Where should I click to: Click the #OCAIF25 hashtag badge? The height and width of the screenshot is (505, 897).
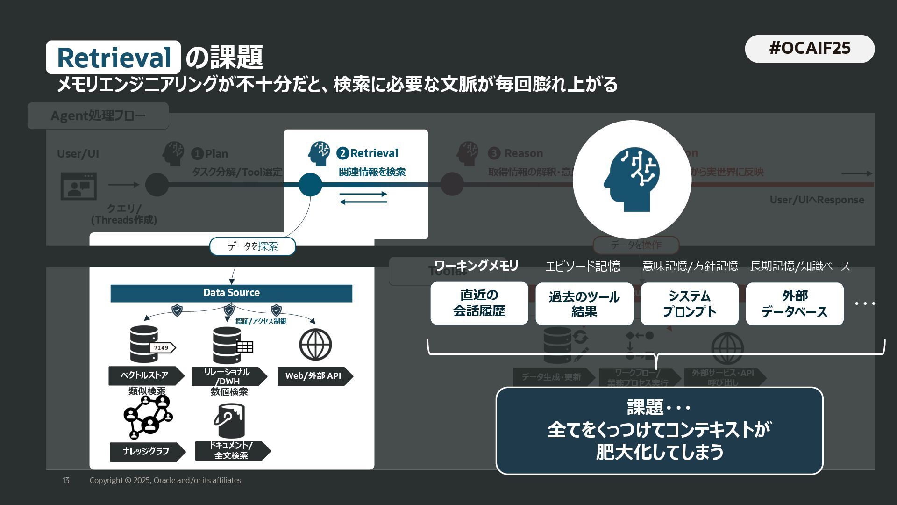(809, 49)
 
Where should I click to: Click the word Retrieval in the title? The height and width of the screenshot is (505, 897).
(114, 58)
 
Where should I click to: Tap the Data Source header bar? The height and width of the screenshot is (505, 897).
(231, 293)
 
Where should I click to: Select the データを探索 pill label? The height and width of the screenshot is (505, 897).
(252, 246)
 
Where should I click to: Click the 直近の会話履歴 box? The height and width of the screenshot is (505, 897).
(479, 303)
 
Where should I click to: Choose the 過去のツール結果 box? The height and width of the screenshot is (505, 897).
(584, 304)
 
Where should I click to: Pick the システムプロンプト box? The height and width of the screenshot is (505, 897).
(689, 304)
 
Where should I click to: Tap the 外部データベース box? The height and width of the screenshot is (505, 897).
(794, 304)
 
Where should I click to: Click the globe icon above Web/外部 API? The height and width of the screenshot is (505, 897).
(315, 345)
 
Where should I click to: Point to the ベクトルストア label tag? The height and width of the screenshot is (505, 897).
(145, 375)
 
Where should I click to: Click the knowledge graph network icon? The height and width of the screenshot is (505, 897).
(148, 417)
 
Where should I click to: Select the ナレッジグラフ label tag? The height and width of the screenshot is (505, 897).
(146, 451)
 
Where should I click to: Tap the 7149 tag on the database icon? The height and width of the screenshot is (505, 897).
(162, 348)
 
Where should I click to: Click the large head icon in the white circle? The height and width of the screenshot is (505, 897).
(632, 180)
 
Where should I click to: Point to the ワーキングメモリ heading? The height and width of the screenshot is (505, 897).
(476, 266)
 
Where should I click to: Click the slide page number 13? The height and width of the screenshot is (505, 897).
(66, 480)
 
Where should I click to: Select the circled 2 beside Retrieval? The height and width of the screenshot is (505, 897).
(342, 153)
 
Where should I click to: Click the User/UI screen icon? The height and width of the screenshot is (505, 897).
(78, 186)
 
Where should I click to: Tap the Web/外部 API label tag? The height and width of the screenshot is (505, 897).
(313, 376)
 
